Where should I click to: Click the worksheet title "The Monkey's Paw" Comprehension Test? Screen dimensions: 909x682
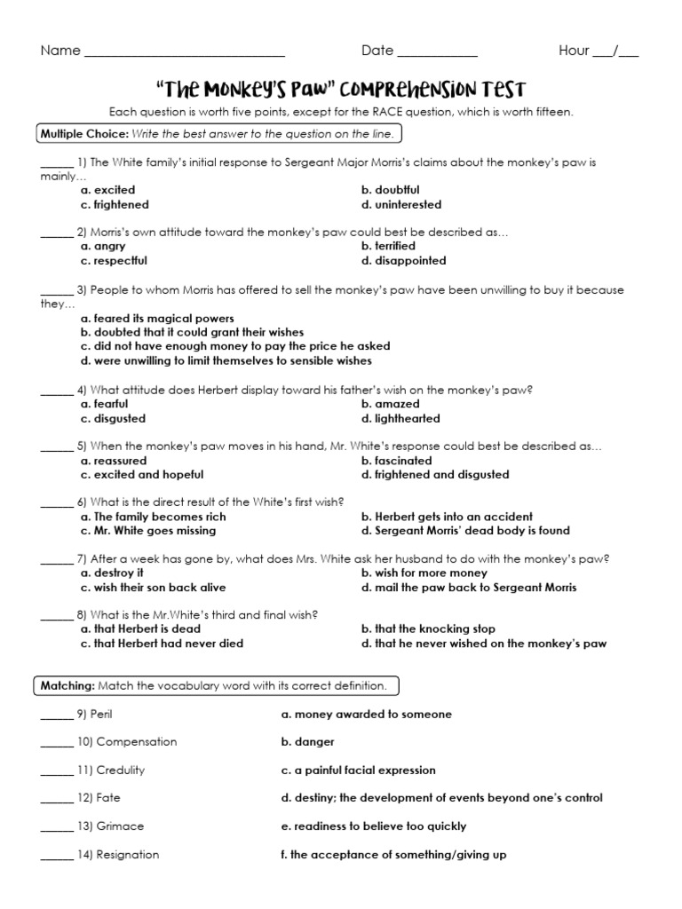coord(341,90)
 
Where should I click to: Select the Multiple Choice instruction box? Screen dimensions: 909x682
coord(219,134)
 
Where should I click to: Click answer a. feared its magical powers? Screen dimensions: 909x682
coord(157,318)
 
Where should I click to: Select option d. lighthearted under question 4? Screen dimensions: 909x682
coord(400,418)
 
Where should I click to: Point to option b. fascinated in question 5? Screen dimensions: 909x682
coord(396,461)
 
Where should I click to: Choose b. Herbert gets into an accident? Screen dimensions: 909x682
coord(447,517)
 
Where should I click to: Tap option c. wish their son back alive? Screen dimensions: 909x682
coord(153,588)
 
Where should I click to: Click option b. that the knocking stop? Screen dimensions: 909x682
coord(428,629)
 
